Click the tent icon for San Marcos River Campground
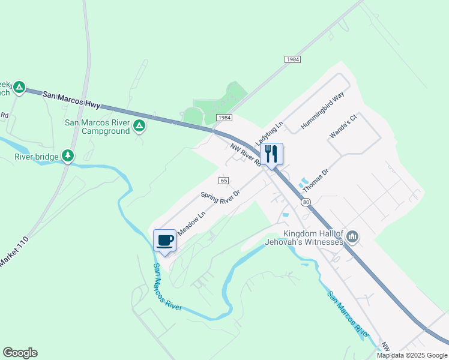point(139,126)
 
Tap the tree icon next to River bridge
point(68,157)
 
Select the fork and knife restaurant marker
point(271,154)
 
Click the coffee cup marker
point(165,241)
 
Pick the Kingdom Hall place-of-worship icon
point(352,237)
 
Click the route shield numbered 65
point(224,181)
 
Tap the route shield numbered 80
point(306,202)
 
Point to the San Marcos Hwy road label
point(71,99)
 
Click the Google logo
point(20,353)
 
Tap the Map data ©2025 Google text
point(411,355)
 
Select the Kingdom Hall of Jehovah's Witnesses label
point(304,238)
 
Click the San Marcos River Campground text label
point(97,127)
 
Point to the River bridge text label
point(37,157)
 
